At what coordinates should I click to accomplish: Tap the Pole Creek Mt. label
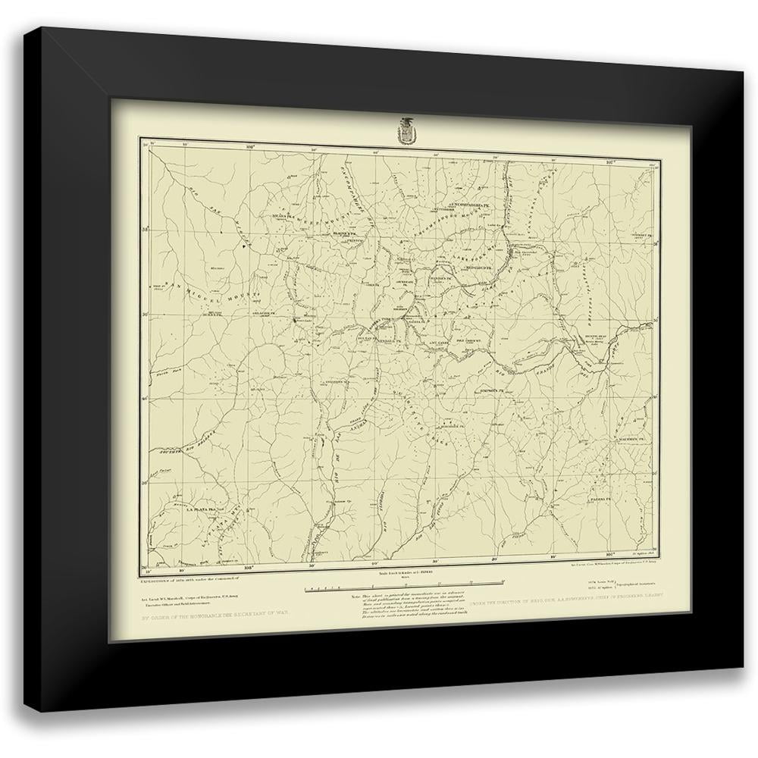(471, 342)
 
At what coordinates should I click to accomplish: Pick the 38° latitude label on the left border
(146, 227)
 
